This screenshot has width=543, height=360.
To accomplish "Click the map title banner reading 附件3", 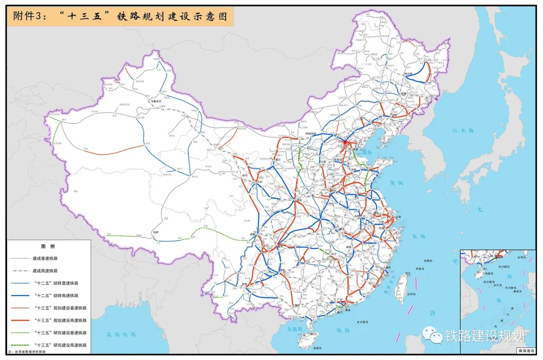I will pos(120,17).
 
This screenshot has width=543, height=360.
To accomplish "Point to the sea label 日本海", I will pos(463,131).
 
